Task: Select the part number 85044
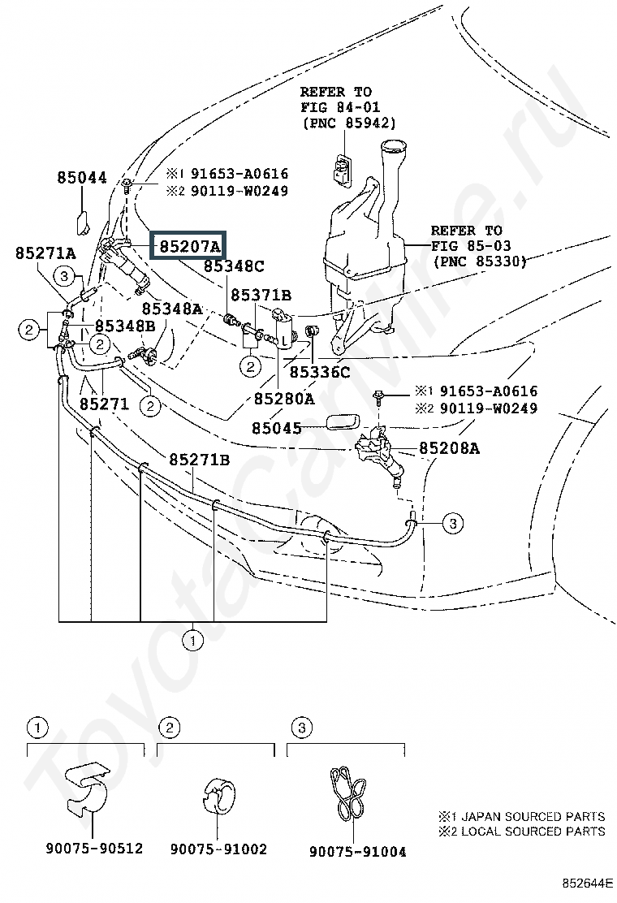(82, 177)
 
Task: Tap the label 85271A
(45, 253)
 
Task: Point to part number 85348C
(235, 266)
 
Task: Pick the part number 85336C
(320, 373)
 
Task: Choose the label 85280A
(284, 399)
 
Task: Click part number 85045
(276, 427)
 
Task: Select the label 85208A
(450, 447)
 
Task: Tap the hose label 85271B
(200, 460)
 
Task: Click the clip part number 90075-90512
(93, 849)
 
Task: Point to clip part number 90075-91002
(218, 849)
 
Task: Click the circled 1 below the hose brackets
(192, 642)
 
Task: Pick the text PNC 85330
(479, 261)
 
